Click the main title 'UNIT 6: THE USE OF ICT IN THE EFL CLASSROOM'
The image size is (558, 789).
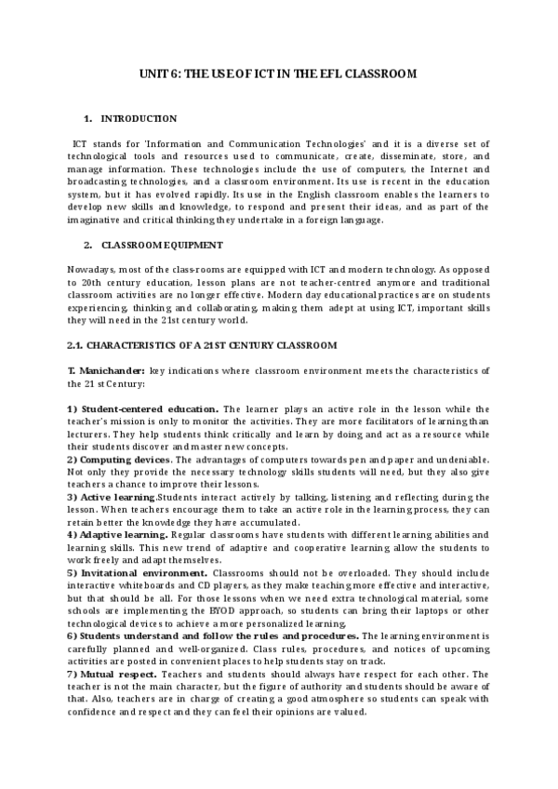[x=278, y=73]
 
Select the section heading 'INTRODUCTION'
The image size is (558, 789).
[x=139, y=118]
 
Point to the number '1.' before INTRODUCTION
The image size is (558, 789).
[x=87, y=118]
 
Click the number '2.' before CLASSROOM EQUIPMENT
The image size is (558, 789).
[x=87, y=246]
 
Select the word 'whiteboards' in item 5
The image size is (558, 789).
[x=136, y=585]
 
